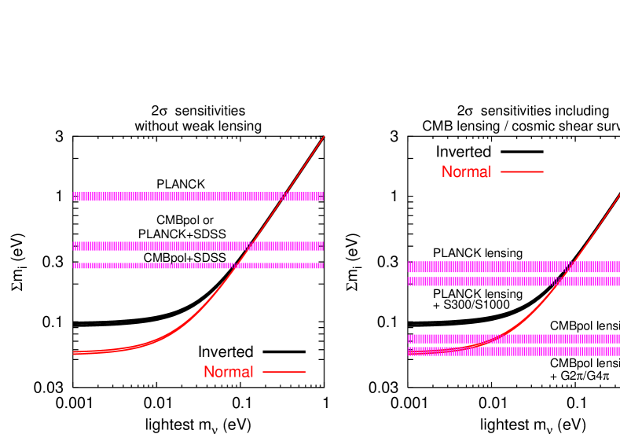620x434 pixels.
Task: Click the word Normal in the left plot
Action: (x=228, y=372)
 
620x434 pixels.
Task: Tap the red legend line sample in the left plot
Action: (x=284, y=372)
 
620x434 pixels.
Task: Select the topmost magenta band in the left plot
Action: (x=196, y=196)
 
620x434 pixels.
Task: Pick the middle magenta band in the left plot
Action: (x=196, y=246)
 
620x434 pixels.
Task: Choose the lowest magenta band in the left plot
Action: (x=196, y=266)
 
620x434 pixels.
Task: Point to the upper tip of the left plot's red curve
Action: (x=324, y=136)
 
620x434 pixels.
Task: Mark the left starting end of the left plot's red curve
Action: (x=75, y=352)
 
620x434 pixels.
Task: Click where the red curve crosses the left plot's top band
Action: (x=284, y=196)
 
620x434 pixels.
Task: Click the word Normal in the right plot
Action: (x=466, y=171)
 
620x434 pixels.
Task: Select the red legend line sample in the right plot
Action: (x=521, y=171)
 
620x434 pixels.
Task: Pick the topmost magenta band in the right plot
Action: (x=511, y=267)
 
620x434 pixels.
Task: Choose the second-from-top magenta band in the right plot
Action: (x=511, y=281)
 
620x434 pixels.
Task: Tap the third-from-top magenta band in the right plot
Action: (x=511, y=339)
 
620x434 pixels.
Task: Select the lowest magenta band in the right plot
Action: (x=511, y=351)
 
